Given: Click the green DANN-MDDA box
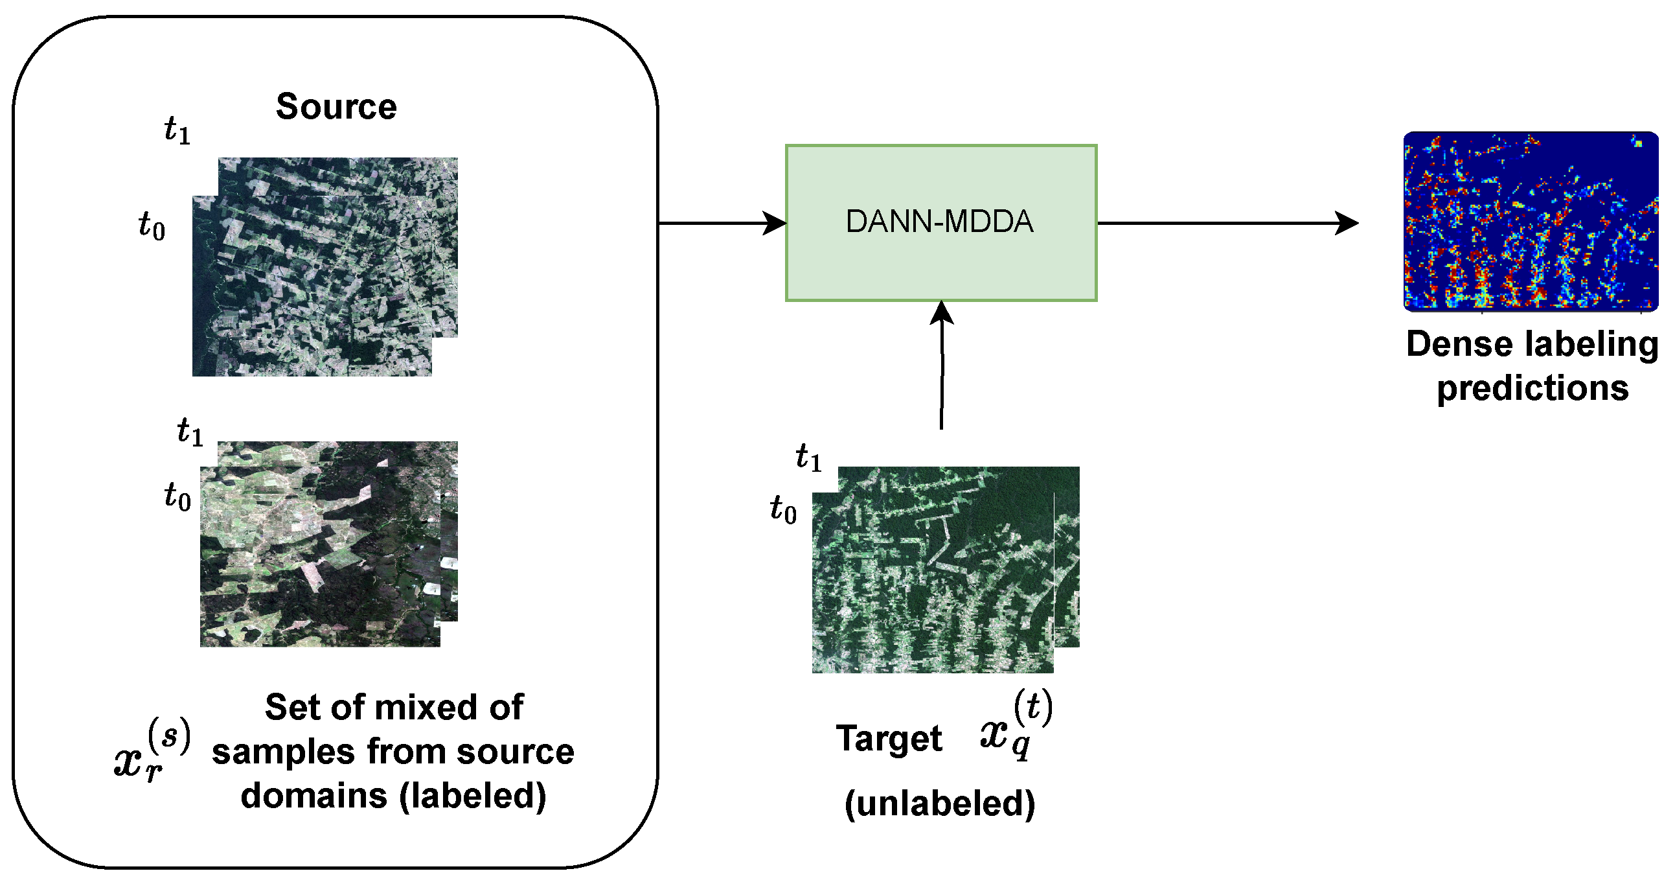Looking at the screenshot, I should tap(941, 222).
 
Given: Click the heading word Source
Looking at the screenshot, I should tap(336, 107).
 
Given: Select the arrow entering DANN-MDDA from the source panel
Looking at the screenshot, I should tap(722, 223).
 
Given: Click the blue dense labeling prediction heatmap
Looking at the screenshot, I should tap(1531, 221).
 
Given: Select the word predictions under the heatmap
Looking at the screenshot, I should tap(1532, 388).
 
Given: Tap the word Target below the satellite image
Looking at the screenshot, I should tap(889, 739).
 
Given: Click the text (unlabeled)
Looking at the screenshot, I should tap(940, 804).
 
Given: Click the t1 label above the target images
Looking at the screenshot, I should tap(809, 458).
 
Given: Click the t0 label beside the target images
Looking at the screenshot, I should tap(783, 509).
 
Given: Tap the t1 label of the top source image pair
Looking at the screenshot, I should tap(177, 130).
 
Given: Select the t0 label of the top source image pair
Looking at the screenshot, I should tap(152, 226).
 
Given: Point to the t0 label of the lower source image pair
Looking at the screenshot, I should tap(177, 497).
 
